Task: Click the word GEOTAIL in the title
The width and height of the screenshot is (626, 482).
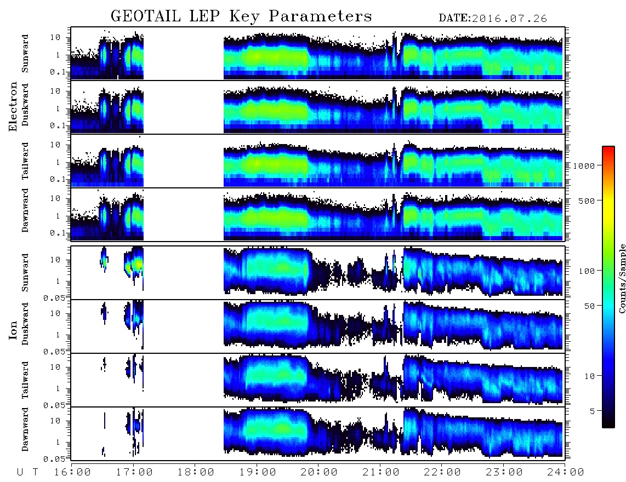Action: coord(146,16)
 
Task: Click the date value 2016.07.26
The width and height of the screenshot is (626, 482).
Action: coord(509,19)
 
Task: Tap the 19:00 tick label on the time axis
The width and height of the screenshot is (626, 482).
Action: coord(258,472)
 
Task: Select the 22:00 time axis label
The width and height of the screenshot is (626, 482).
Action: coord(442,472)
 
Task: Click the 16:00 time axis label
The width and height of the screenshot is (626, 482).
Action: coord(73,472)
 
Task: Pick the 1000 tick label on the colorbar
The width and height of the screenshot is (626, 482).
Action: coord(584,165)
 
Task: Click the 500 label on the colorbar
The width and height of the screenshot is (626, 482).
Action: coord(587,200)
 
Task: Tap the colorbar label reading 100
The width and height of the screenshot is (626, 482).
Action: coord(587,271)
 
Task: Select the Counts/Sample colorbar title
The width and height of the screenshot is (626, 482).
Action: coord(622,278)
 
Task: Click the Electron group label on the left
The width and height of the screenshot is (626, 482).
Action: coord(13,106)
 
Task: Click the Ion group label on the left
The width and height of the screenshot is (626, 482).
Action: coord(13,330)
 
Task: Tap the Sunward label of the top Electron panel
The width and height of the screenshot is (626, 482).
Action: coord(25,54)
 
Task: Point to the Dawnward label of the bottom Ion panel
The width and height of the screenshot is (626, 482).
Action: coord(25,429)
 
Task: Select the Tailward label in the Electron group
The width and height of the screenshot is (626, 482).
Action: coord(25,160)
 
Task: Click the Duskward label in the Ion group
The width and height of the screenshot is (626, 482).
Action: coord(25,324)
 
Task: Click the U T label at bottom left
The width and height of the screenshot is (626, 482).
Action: coord(27,472)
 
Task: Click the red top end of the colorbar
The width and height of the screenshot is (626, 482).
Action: coord(608,148)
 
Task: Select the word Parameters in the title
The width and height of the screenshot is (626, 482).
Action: coord(320,16)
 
